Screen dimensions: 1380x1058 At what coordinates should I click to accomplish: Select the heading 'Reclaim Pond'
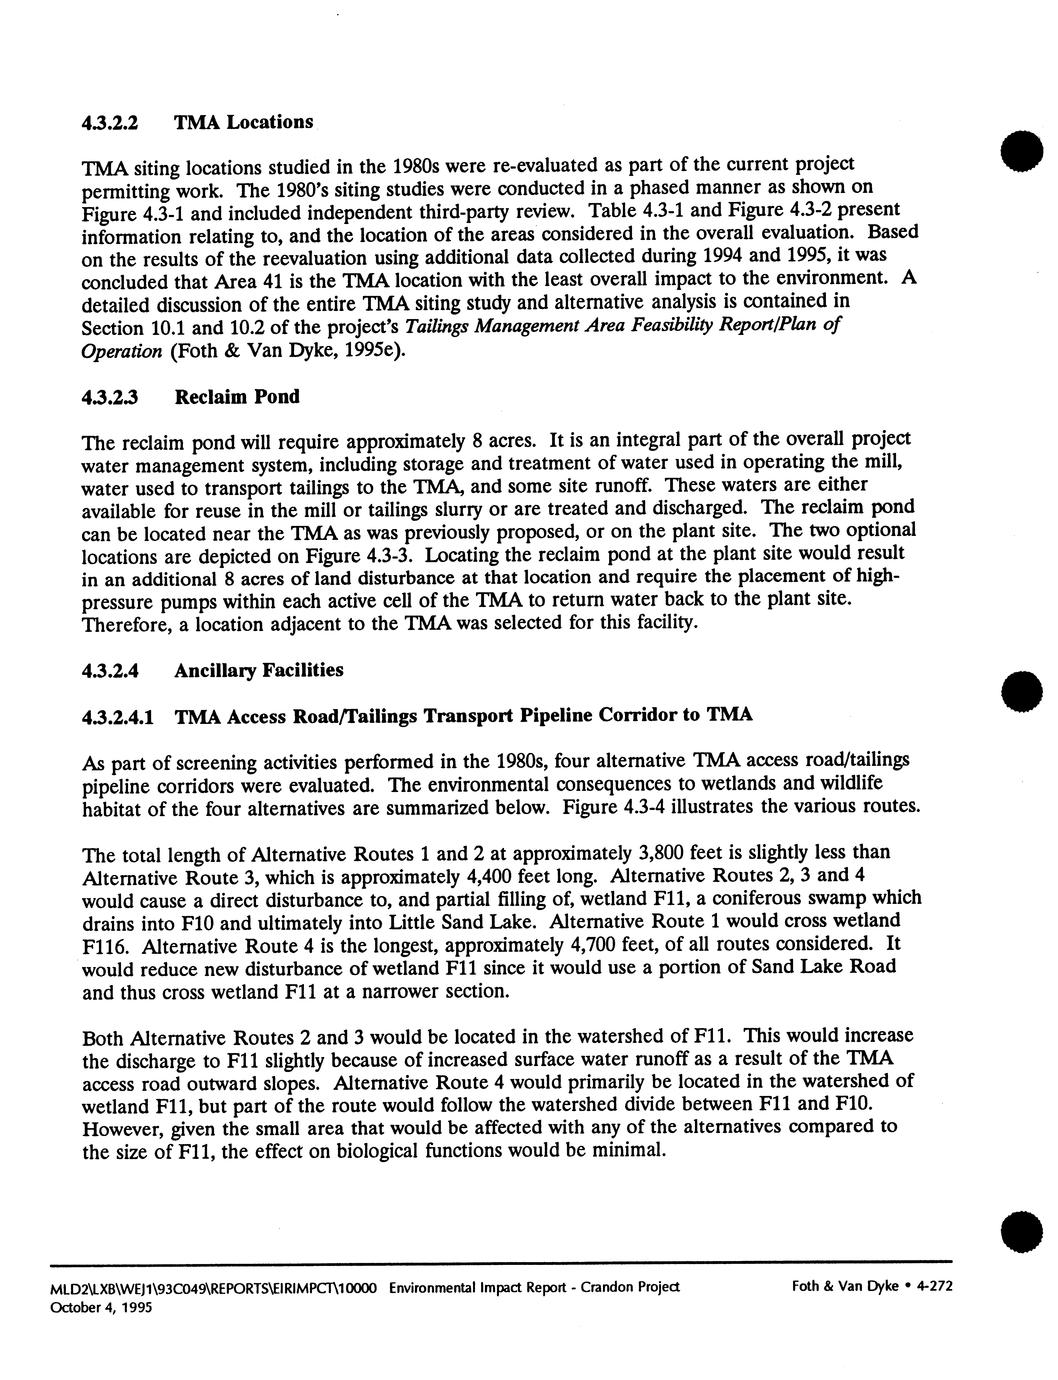pyautogui.click(x=237, y=397)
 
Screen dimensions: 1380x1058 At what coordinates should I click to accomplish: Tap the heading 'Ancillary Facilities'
pyautogui.click(x=258, y=670)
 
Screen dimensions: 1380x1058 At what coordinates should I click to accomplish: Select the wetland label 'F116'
pyautogui.click(x=102, y=945)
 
